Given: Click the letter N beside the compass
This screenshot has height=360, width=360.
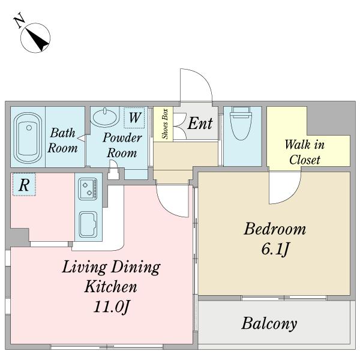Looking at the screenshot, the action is (x=20, y=20).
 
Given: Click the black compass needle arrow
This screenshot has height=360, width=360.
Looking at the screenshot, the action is (x=37, y=39).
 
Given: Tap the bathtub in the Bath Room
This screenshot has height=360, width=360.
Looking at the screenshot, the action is (x=28, y=138).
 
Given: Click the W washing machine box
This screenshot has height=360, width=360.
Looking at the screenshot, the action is (x=134, y=118).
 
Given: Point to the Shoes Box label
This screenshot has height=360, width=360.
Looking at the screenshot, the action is (x=165, y=124).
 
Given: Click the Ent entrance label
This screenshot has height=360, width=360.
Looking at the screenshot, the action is (x=200, y=123).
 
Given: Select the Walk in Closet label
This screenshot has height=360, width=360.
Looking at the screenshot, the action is (x=305, y=152).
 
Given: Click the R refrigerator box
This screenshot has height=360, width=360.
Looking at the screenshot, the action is (x=24, y=185).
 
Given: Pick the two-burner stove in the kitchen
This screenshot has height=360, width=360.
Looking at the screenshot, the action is (x=88, y=189).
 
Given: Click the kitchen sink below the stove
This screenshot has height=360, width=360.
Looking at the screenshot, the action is (x=88, y=224).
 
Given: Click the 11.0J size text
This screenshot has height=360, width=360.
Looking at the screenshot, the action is (x=112, y=307).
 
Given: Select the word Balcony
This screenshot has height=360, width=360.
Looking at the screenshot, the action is (x=269, y=323).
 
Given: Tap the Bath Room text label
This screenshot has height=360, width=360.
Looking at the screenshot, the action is (x=62, y=140).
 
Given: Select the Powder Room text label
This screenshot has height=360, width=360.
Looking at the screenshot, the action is (x=122, y=145).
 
